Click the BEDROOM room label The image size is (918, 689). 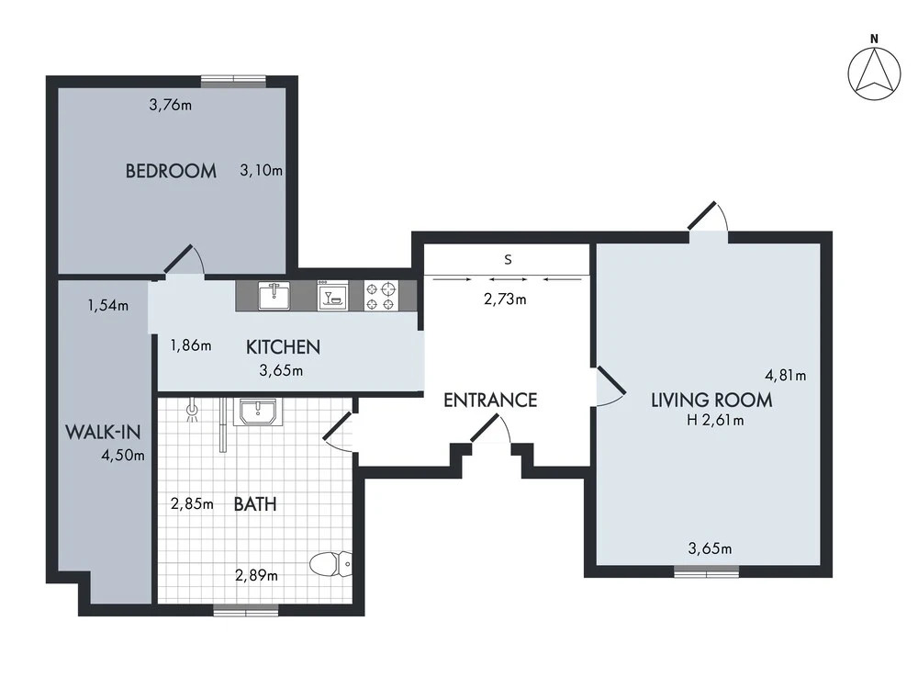[x=171, y=171]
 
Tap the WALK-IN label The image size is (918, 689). [x=103, y=433]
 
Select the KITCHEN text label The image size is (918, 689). [x=283, y=347]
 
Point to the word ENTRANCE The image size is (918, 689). [x=490, y=401]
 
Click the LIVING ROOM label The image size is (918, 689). [x=712, y=401]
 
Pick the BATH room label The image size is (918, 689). [x=254, y=503]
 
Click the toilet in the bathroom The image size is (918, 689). [x=330, y=564]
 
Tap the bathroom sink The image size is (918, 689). [x=258, y=412]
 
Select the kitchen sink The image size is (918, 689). [x=274, y=295]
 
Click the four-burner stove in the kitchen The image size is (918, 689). [x=381, y=295]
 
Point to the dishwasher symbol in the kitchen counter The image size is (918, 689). [x=333, y=295]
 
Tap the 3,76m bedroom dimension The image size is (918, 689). [x=171, y=106]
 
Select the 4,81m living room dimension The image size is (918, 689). [x=785, y=375]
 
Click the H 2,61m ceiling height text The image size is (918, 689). [x=715, y=420]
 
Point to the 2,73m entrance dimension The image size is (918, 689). [x=505, y=299]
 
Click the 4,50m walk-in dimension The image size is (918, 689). [x=123, y=456]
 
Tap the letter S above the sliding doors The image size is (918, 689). [x=508, y=260]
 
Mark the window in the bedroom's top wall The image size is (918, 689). [x=233, y=82]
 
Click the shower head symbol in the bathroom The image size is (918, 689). [x=191, y=412]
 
